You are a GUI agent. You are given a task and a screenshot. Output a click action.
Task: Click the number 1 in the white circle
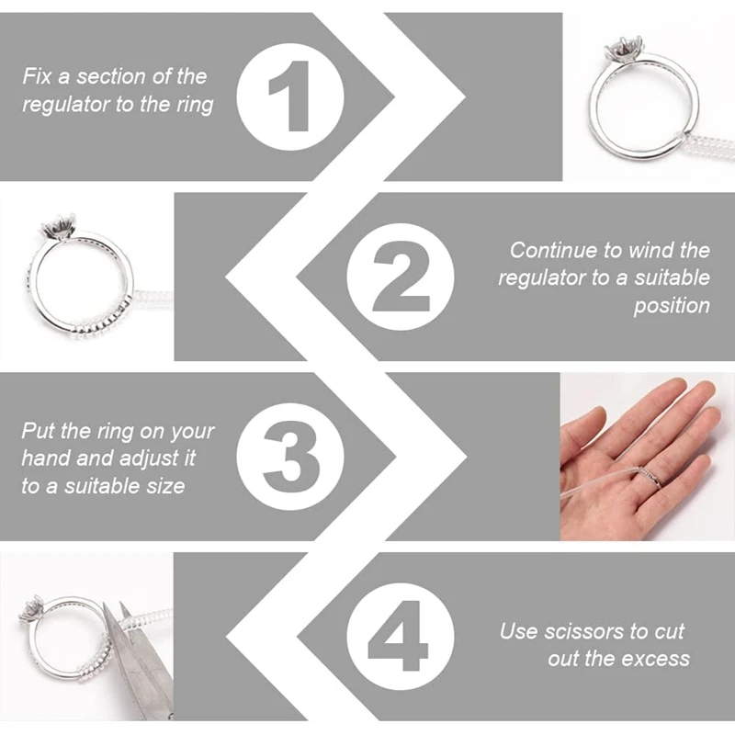pyautogui.click(x=292, y=96)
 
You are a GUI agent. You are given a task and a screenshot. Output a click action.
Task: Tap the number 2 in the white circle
pyautogui.click(x=401, y=274)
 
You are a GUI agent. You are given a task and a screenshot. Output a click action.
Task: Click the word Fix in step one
pyautogui.click(x=40, y=76)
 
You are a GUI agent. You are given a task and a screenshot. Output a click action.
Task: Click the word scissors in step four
pyautogui.click(x=580, y=631)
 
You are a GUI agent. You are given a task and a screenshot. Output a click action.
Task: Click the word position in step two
pyautogui.click(x=672, y=305)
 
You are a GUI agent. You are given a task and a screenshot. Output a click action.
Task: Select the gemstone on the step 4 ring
pyautogui.click(x=34, y=606)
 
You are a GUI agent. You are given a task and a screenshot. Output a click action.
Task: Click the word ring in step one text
pyautogui.click(x=194, y=104)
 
